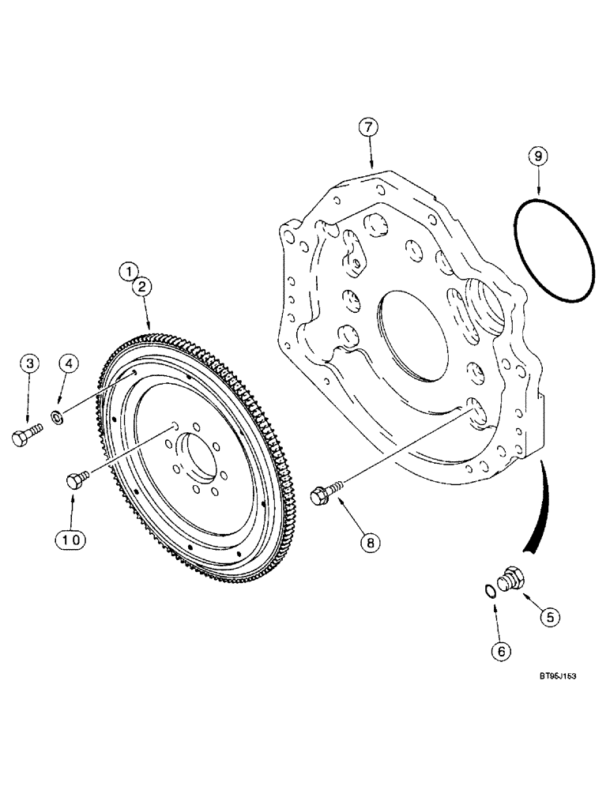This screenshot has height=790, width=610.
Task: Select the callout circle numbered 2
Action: (x=142, y=287)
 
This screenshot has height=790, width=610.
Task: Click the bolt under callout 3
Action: (x=24, y=436)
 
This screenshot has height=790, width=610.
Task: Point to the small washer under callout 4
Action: (x=57, y=416)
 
